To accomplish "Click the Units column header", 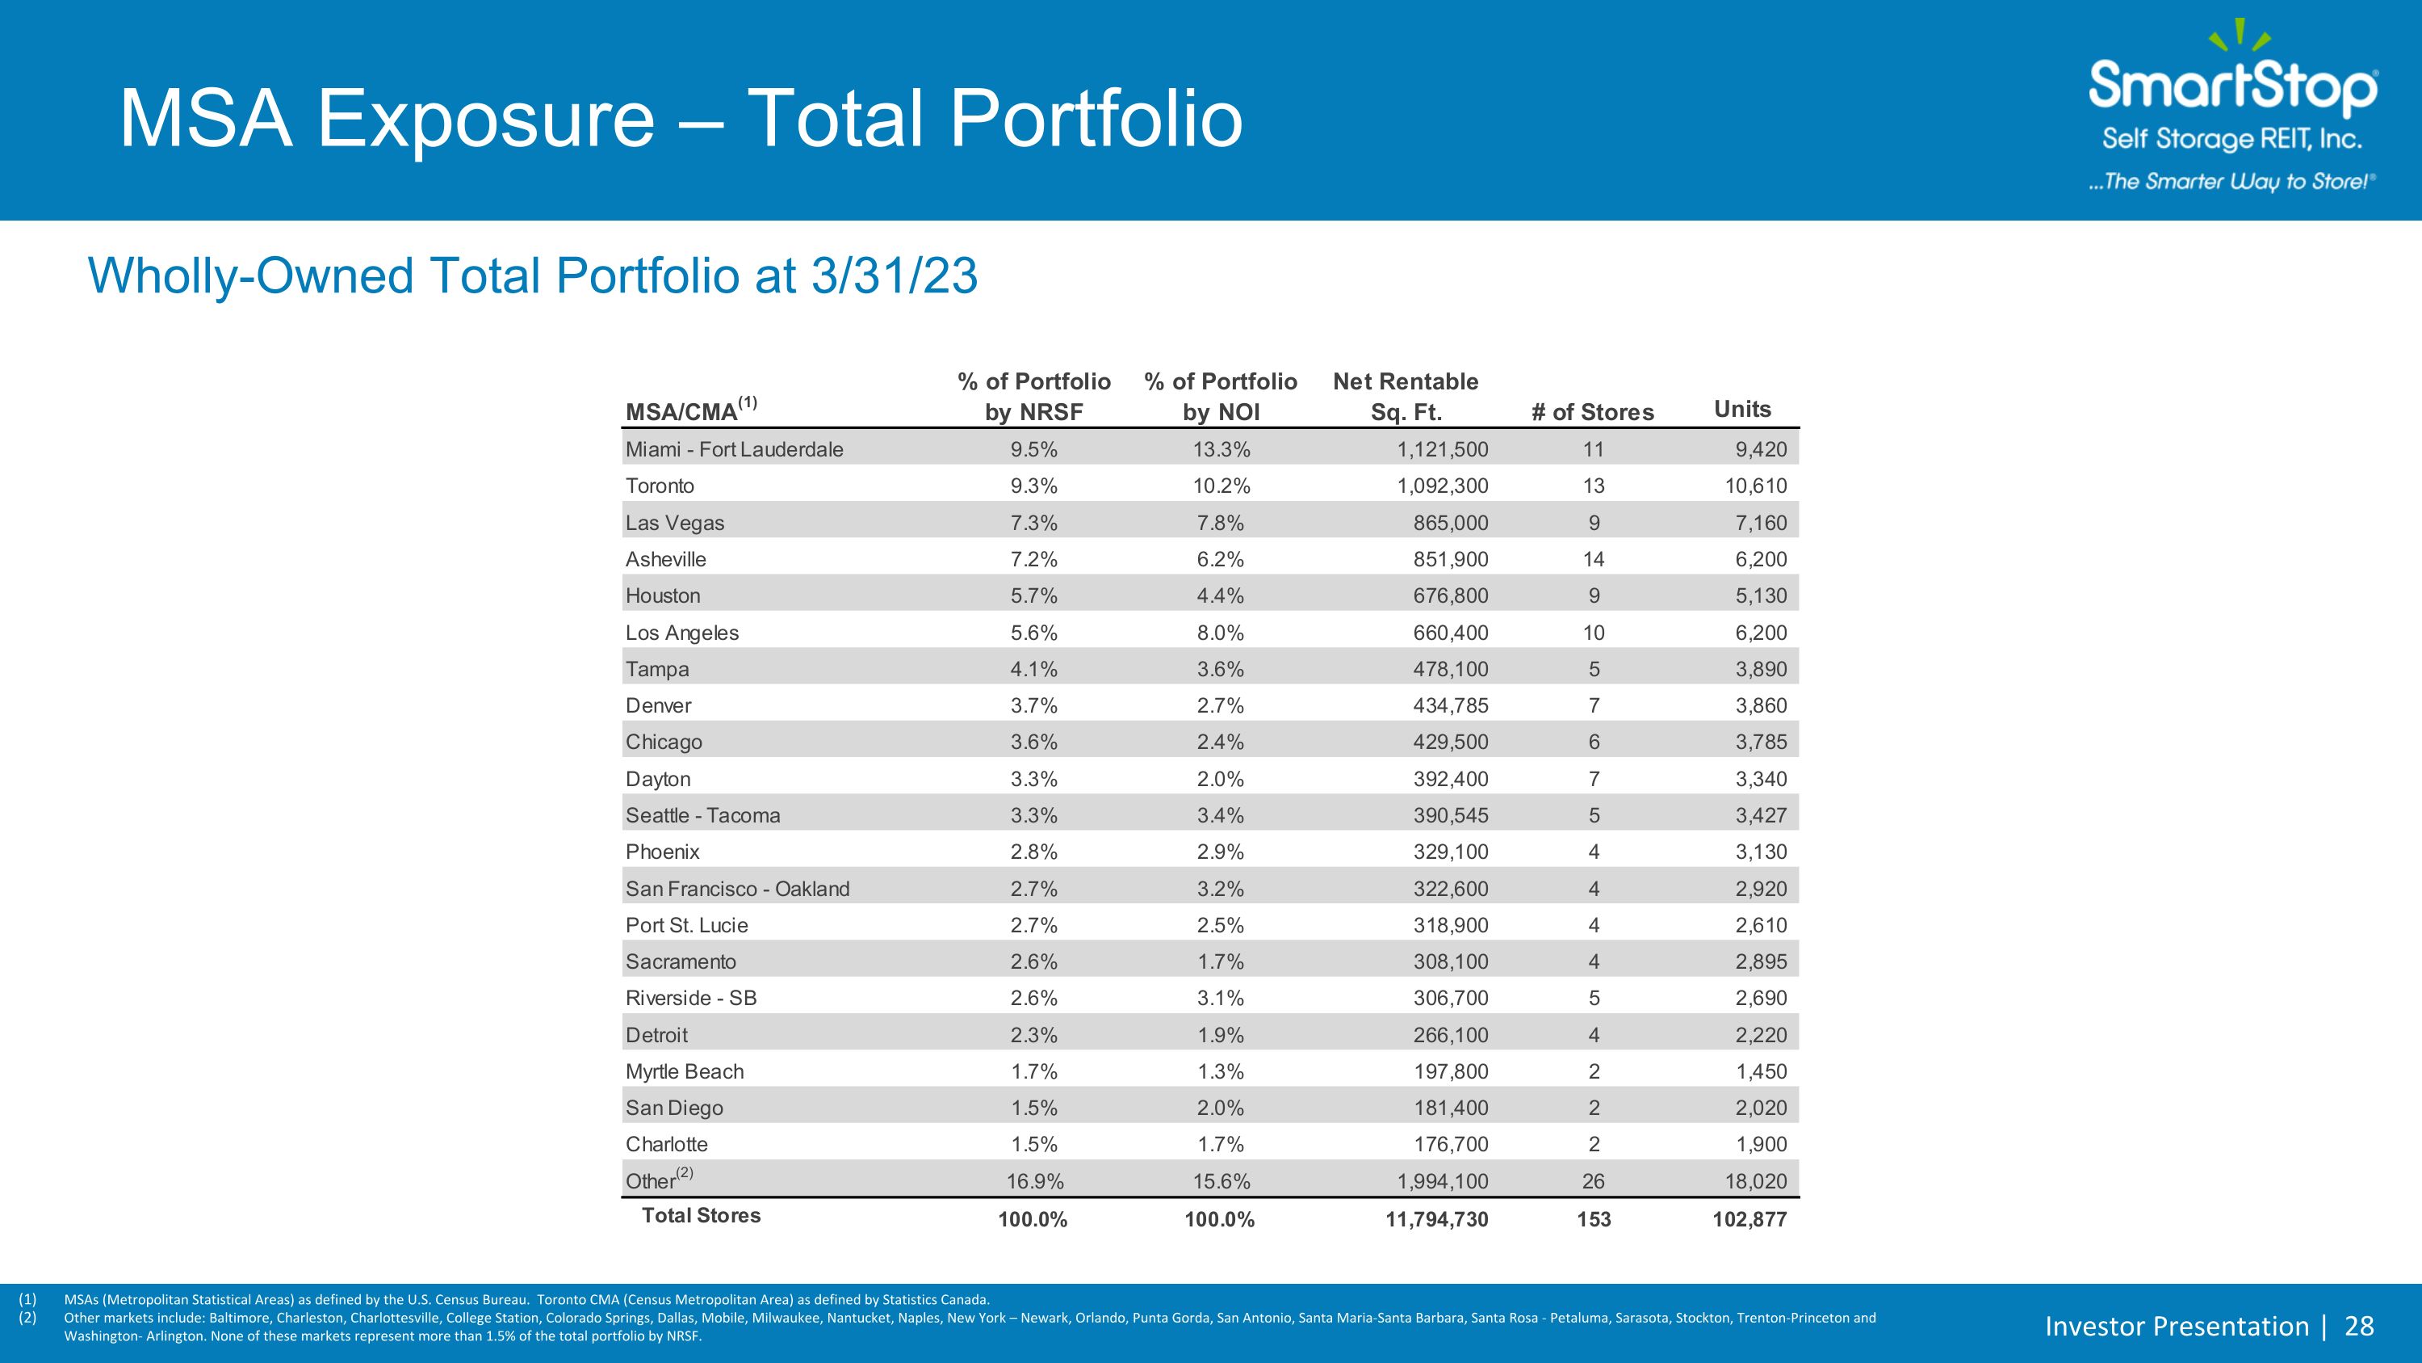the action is coord(1742,409).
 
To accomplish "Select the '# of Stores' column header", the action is coord(1593,412).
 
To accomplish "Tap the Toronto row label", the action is coord(660,486).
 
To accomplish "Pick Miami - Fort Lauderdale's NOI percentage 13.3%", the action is coord(1221,450).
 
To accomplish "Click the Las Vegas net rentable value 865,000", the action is coord(1451,523).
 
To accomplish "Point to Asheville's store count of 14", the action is coord(1594,560).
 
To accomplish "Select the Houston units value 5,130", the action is coord(1761,595).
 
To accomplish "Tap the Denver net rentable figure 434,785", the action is coord(1451,705).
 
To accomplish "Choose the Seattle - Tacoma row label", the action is coord(703,815).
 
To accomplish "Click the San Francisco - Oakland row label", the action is coord(737,889).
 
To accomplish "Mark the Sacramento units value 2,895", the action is coord(1761,961).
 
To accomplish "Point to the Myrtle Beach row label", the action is coord(685,1071).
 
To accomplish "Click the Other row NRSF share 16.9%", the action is coord(1034,1181).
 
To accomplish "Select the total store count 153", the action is coord(1594,1220).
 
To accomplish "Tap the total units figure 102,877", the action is coord(1749,1220).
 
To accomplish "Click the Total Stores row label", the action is coord(702,1215).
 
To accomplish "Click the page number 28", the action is coord(2360,1327).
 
